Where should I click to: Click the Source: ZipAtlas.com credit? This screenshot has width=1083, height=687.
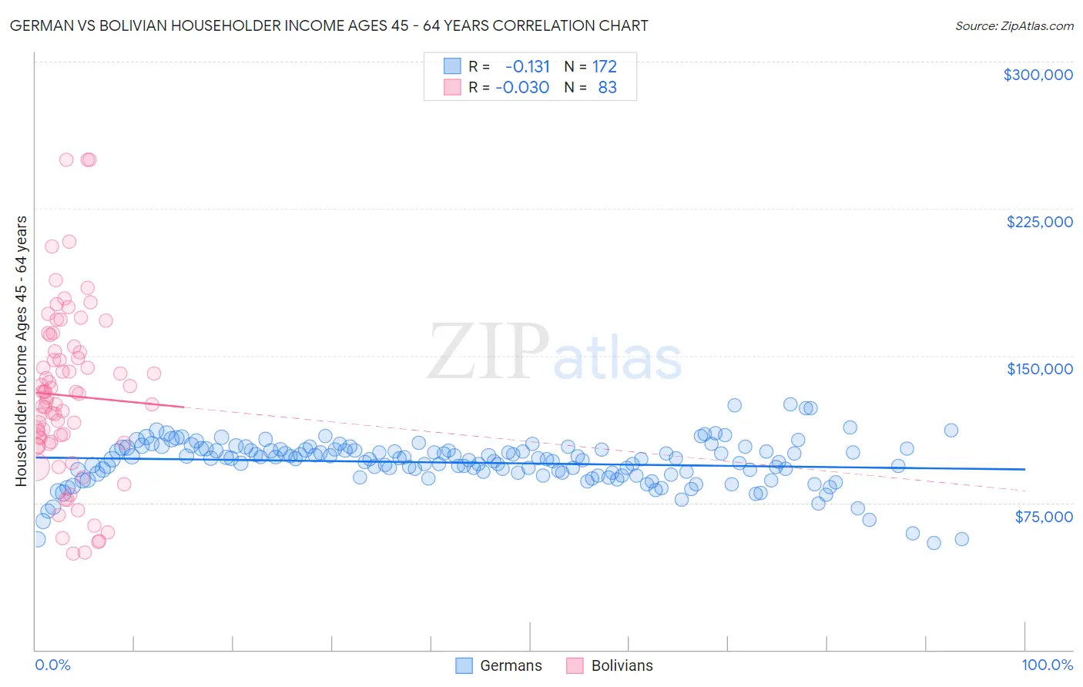(1014, 25)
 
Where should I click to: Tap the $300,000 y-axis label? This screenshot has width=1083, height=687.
(1038, 75)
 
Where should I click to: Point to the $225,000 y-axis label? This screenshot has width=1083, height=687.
(1039, 222)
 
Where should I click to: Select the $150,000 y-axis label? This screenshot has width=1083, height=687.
(1039, 369)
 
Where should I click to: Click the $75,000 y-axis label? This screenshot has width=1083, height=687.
(1044, 516)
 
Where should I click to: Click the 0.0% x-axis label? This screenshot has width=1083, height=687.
(52, 665)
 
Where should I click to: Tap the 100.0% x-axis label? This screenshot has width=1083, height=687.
(1047, 665)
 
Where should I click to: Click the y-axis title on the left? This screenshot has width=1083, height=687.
(21, 350)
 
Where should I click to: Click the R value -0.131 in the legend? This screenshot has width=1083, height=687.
(528, 67)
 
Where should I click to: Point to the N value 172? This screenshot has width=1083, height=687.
(605, 67)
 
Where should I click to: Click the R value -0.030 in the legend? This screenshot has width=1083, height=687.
(522, 87)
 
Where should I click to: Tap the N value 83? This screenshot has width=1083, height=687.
(607, 87)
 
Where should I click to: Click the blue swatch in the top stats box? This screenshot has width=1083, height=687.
(452, 66)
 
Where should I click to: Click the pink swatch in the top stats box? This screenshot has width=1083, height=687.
(452, 87)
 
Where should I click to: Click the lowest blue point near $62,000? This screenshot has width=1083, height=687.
(934, 542)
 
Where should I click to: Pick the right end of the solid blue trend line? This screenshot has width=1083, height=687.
(1025, 469)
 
